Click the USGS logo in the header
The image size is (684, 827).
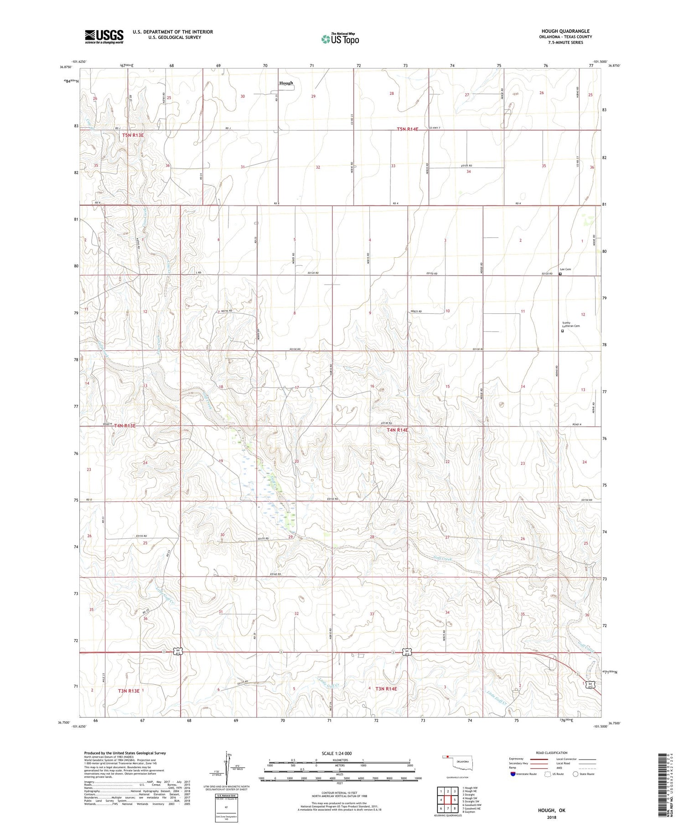click(104, 36)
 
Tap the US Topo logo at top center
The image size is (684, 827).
click(340, 39)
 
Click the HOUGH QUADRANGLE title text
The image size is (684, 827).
click(565, 31)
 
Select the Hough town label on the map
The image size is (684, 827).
click(286, 83)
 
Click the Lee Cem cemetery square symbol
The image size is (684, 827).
click(560, 274)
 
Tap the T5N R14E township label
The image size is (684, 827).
click(407, 130)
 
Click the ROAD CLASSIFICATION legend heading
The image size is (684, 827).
click(552, 753)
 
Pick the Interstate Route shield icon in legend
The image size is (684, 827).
click(513, 774)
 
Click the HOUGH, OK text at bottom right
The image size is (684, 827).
click(551, 810)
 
